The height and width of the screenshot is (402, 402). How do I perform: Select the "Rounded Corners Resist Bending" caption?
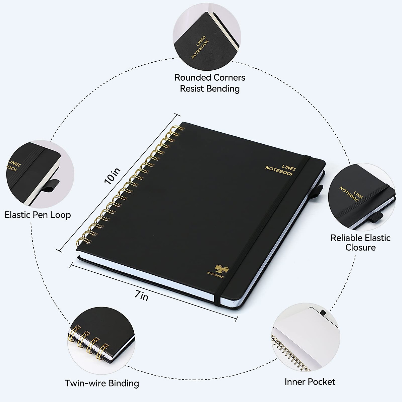[210, 83]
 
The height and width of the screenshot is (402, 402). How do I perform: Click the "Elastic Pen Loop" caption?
[38, 215]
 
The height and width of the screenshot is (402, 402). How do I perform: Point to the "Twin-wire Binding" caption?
[102, 383]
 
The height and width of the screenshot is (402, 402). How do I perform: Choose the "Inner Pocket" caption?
[310, 382]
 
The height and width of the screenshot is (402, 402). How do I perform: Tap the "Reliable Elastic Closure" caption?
[360, 243]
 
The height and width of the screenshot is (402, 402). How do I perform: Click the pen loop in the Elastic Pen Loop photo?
[51, 186]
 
